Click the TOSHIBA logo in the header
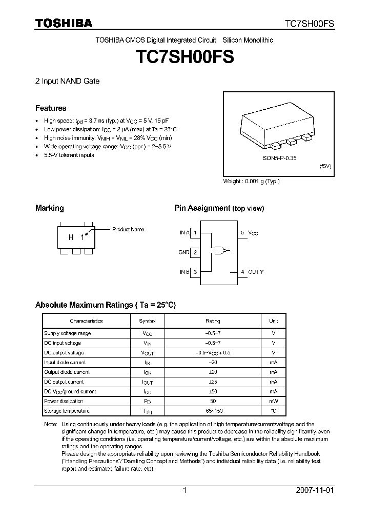coord(64,23)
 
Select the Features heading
coord(51,108)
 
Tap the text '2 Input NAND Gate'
coord(67,81)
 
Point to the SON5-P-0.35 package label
coord(276,158)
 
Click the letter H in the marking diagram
coord(71,237)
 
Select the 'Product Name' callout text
coord(128,230)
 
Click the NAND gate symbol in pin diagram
coord(221,251)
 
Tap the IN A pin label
coord(184,233)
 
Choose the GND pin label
coord(184,252)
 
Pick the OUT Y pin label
coord(256,272)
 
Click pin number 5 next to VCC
coord(242,233)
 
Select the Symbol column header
coord(147,321)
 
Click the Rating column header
coord(213,321)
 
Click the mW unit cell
coord(274,401)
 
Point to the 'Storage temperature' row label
coord(67,411)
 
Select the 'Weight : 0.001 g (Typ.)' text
coord(251,182)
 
